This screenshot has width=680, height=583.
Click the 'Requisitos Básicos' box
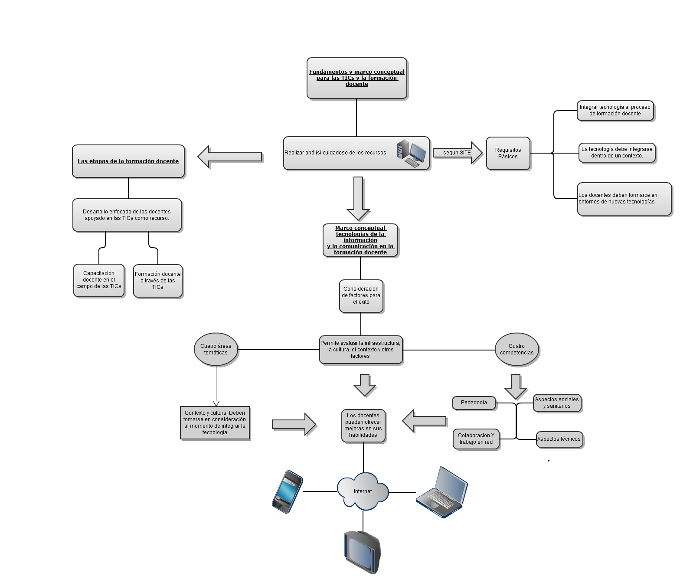[508, 153]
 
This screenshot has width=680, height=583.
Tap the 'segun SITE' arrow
[457, 153]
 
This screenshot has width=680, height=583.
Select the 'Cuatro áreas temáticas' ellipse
[216, 349]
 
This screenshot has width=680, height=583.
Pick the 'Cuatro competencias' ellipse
[517, 349]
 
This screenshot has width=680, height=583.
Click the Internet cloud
[363, 491]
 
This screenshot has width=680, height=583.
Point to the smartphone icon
[287, 491]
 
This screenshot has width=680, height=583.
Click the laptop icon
[442, 492]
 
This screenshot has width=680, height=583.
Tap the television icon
[363, 552]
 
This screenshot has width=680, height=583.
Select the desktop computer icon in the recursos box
[411, 153]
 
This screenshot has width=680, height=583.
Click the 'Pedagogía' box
[474, 403]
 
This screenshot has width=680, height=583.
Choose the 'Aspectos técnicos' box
[559, 439]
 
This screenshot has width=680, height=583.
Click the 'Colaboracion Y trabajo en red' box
[476, 439]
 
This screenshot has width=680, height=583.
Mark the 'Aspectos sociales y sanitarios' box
[557, 403]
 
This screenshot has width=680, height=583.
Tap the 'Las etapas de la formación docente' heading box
[128, 161]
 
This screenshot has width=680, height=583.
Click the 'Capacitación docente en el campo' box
[99, 280]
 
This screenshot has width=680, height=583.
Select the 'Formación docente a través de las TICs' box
[158, 281]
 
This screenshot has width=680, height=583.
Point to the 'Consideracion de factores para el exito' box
[361, 296]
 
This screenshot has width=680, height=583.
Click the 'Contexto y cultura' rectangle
[215, 423]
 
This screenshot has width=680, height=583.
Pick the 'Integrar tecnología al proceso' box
[615, 111]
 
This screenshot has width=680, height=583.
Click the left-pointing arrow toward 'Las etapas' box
[230, 157]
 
